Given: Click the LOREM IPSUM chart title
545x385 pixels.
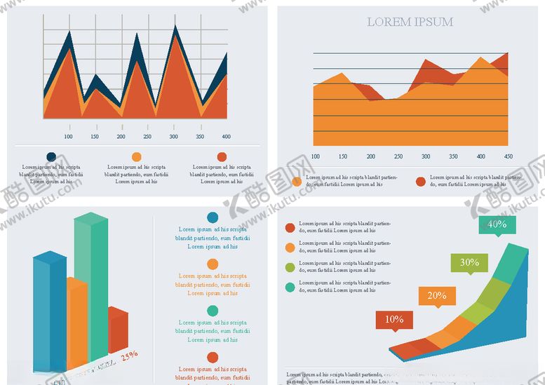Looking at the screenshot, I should point(410,22).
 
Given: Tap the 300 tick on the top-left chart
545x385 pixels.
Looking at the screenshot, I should point(174,136).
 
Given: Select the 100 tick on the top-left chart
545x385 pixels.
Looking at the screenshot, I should point(68,136).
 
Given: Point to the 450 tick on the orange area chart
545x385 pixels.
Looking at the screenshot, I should point(508,156).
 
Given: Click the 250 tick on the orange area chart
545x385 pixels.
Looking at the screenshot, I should point(398,156).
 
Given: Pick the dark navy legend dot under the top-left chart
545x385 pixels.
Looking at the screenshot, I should point(51,157).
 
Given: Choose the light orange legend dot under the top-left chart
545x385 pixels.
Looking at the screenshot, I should point(136,157).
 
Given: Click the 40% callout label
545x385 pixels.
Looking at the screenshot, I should point(497,224).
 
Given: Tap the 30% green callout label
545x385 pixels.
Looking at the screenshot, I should point(469,263).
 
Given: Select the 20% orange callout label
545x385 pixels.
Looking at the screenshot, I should point(437,295).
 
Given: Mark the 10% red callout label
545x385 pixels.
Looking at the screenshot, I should point(394,320).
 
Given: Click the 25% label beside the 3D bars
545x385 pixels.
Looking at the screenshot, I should point(129,356).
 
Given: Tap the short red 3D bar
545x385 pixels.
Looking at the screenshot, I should point(117,330).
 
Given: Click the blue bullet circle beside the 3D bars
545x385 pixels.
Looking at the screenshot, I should point(213,218).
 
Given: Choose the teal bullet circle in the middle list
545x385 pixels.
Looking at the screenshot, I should point(213,311).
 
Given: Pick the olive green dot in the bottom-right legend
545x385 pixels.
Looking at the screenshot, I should point(290,267).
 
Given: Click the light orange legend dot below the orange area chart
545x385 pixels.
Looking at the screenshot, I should point(297,182).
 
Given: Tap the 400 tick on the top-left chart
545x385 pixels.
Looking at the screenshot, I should point(226,136).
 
